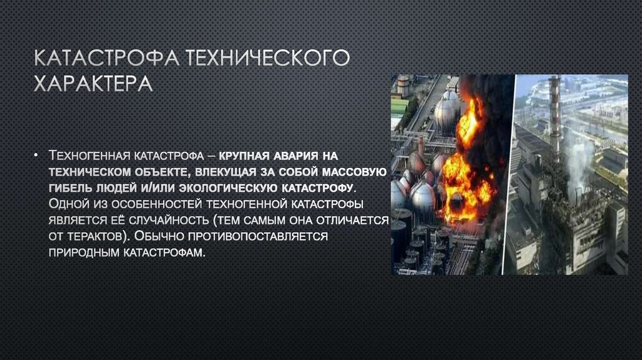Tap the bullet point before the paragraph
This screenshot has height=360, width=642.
pyautogui.click(x=37, y=154)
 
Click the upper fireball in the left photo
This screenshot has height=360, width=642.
pyautogui.click(x=470, y=119)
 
